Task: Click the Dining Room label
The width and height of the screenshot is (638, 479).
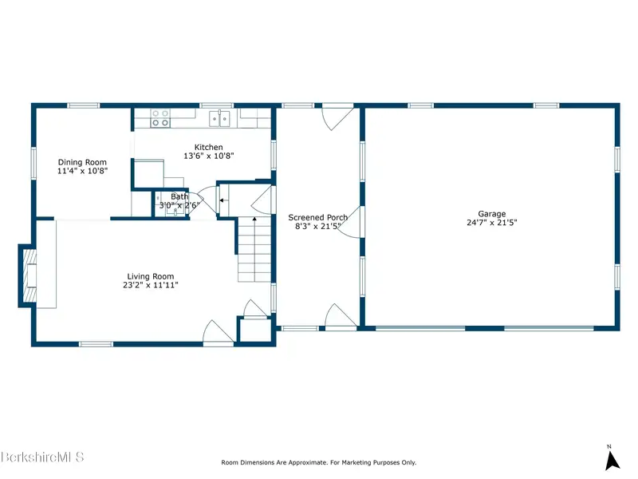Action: point(82,162)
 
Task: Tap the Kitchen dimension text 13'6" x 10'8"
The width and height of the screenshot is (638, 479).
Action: point(209,156)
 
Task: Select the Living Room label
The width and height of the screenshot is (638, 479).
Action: point(151,276)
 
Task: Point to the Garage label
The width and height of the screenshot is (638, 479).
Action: point(492,214)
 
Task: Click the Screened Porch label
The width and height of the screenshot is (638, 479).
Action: point(317,217)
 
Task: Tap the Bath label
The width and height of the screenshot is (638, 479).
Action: point(179,196)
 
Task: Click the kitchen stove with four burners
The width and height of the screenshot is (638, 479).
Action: point(160,118)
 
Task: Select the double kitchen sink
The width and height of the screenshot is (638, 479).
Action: point(220,118)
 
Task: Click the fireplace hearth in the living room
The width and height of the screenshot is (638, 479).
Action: point(29,275)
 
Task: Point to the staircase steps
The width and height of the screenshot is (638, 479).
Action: point(254,249)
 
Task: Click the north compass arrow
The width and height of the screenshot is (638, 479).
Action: point(612,461)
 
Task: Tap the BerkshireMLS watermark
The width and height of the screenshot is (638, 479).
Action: point(42,457)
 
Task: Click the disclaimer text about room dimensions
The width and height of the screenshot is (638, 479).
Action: point(318,462)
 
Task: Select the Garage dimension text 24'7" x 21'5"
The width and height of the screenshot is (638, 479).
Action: point(492,223)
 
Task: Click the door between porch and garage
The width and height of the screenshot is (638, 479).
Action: point(350,222)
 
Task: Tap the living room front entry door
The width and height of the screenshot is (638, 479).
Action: point(219,332)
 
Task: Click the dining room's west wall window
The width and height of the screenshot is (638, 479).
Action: point(33,163)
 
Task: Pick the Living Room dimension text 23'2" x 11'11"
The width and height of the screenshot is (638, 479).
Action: point(151,285)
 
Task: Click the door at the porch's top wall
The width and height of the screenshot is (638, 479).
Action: point(337,117)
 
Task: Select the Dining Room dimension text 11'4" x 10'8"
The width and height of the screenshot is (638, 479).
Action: point(82,171)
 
